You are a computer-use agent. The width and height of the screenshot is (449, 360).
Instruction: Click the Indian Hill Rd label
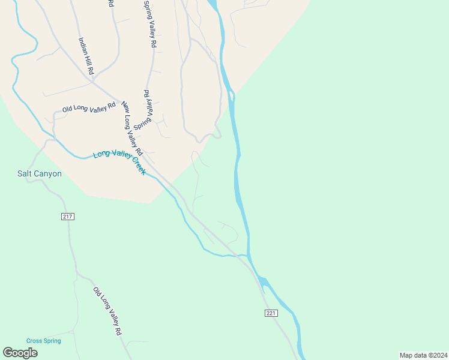point(86,56)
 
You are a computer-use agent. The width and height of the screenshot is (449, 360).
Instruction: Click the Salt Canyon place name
point(39,174)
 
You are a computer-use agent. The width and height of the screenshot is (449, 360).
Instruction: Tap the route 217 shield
point(67,216)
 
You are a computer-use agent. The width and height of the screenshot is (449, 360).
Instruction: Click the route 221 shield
point(270,313)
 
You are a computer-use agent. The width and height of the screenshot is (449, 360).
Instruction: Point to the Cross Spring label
point(43,341)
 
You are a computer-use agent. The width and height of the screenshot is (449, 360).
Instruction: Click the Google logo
point(20,353)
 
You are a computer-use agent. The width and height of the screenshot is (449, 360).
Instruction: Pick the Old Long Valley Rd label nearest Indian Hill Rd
point(89,108)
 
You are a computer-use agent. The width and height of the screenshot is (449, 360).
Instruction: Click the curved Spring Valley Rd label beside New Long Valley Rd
point(146,112)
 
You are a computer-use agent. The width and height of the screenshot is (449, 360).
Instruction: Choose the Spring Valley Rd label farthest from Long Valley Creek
point(149,24)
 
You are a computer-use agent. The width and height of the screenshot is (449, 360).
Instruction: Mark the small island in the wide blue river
point(231,96)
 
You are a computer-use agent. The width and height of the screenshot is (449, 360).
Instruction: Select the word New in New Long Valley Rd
point(125,106)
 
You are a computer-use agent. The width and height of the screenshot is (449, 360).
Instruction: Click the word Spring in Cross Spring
point(52,341)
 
